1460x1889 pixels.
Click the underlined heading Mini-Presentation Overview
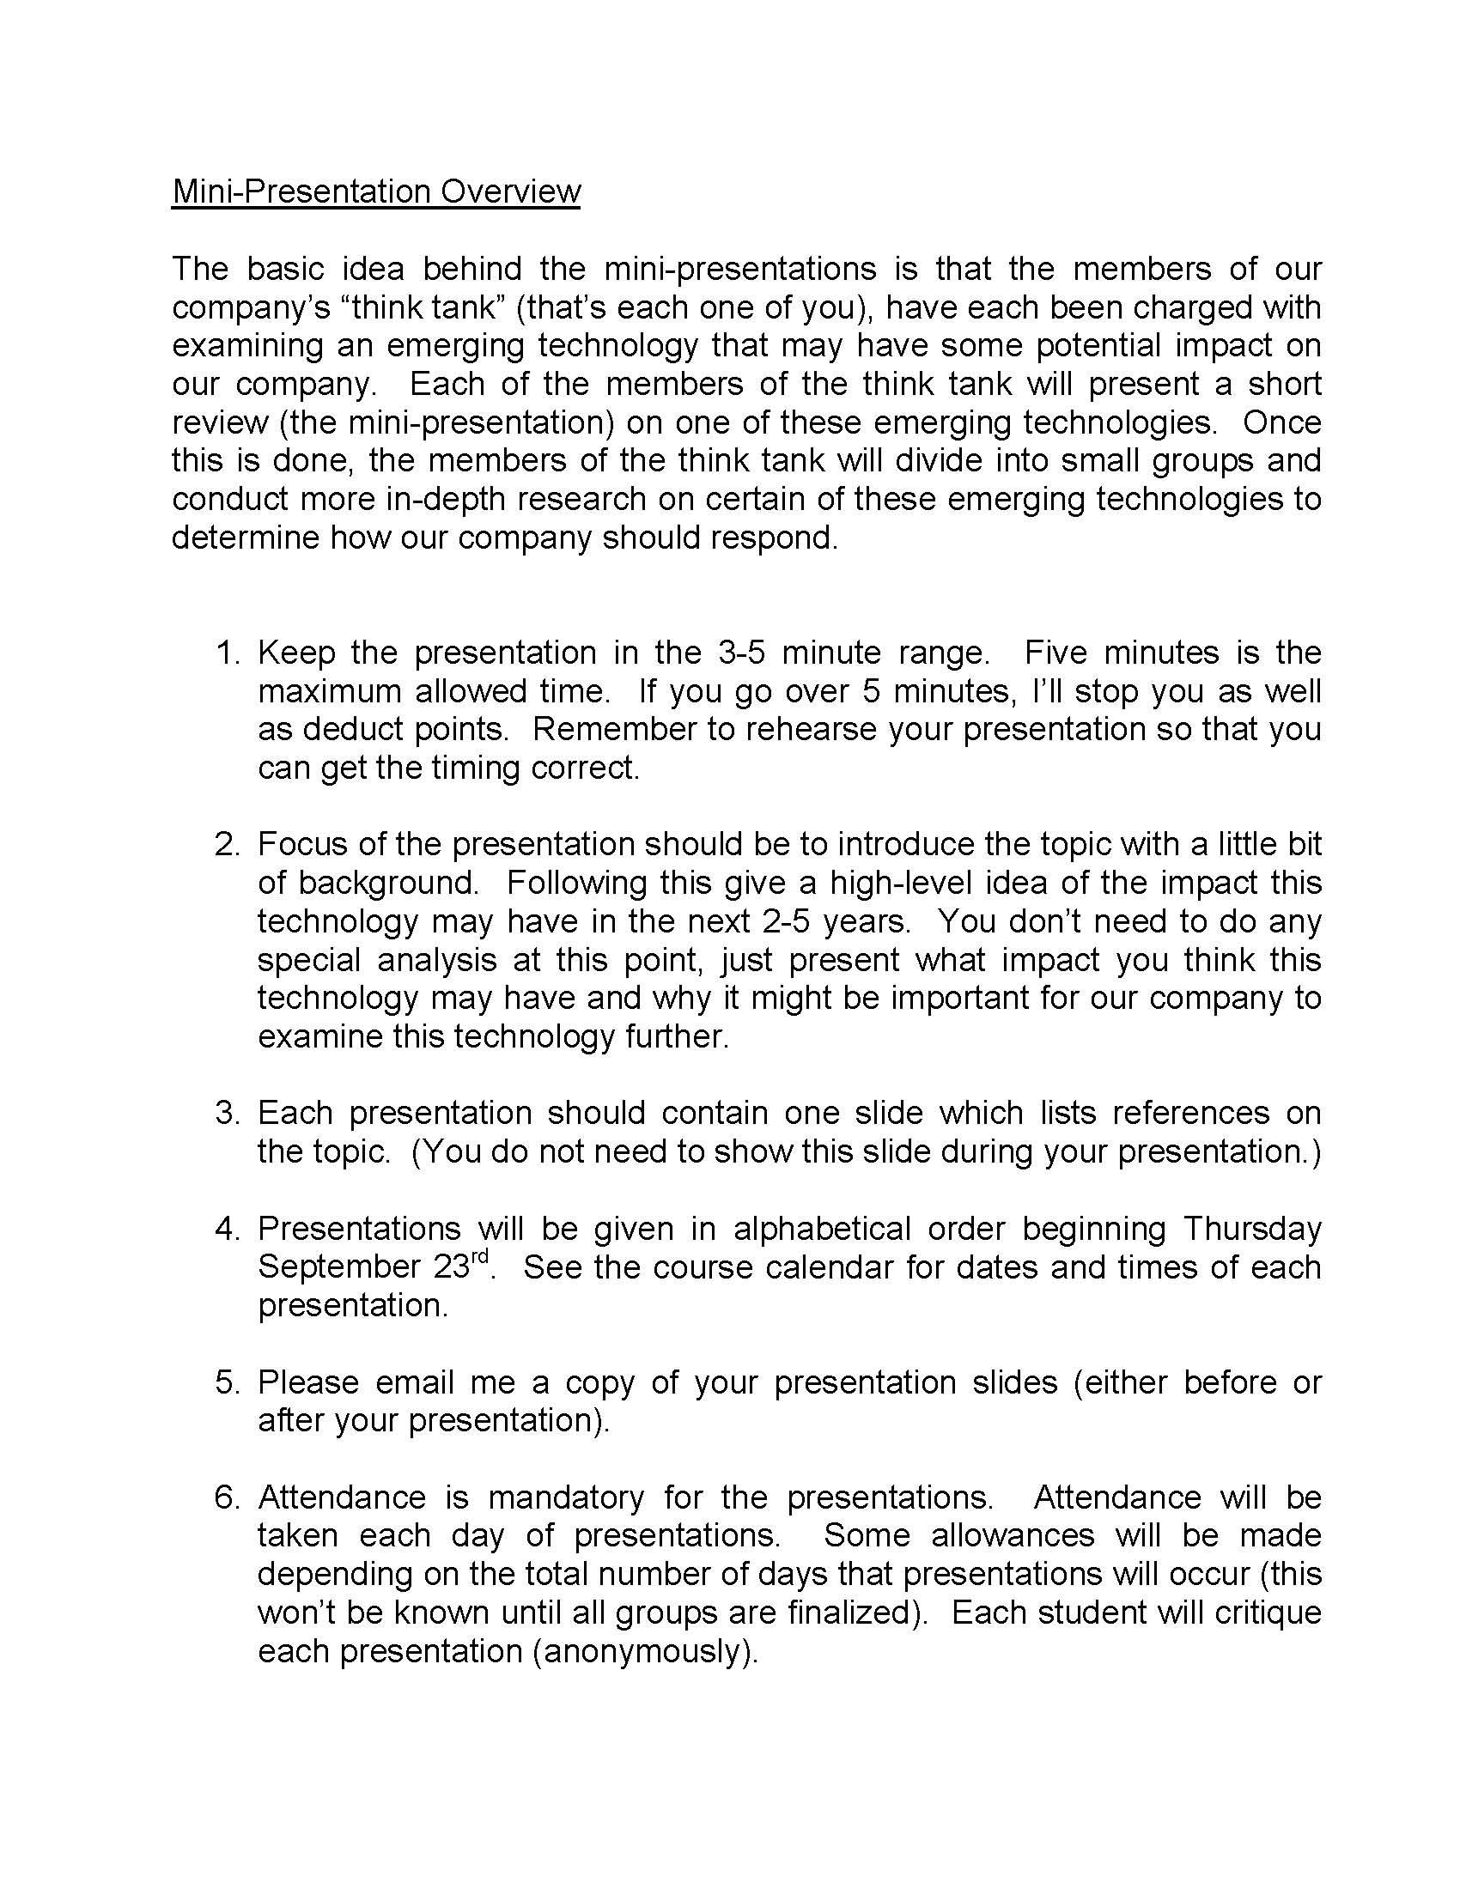click(x=376, y=191)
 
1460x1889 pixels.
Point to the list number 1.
click(x=228, y=653)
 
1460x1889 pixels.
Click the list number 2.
click(x=228, y=844)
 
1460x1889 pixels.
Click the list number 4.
click(x=228, y=1229)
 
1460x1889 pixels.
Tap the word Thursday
click(x=1252, y=1229)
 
